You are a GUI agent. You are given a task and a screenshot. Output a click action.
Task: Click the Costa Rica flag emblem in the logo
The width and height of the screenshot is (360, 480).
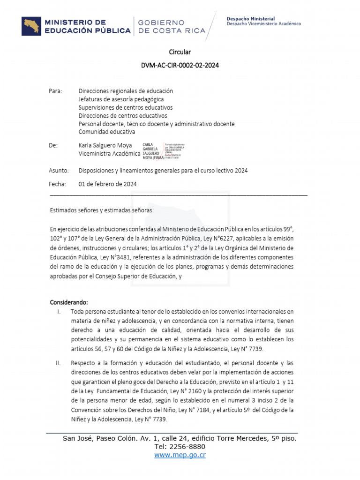click(31, 26)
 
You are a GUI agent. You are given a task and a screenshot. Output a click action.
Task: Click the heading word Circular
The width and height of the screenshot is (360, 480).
click(180, 52)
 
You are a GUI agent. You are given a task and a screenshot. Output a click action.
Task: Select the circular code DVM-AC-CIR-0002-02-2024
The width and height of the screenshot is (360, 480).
click(180, 66)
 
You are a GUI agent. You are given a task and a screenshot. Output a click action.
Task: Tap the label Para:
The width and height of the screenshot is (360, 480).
click(55, 91)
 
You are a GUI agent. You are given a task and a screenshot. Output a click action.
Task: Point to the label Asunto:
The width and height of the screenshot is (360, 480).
click(59, 171)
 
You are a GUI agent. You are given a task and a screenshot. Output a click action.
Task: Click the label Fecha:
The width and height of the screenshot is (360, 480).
click(57, 184)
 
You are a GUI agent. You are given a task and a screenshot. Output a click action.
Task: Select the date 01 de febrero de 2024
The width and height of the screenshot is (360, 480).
click(108, 184)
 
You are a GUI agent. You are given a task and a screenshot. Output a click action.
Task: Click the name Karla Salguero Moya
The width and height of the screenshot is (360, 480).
click(105, 145)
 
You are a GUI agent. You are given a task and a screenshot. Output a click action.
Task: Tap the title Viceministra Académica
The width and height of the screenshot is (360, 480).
click(109, 153)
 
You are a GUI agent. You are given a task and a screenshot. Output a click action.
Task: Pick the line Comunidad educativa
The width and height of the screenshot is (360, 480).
click(107, 132)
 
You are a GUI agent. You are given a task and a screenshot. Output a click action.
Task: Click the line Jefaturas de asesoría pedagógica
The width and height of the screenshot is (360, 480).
click(121, 99)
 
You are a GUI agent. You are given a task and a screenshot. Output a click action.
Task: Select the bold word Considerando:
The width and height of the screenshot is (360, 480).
click(69, 301)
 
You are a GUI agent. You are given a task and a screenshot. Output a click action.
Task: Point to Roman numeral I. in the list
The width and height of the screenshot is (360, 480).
click(59, 311)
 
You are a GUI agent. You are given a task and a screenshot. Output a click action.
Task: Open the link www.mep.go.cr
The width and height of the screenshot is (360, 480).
click(180, 455)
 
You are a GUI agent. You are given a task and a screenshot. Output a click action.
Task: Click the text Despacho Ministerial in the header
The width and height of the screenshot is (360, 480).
click(251, 19)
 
